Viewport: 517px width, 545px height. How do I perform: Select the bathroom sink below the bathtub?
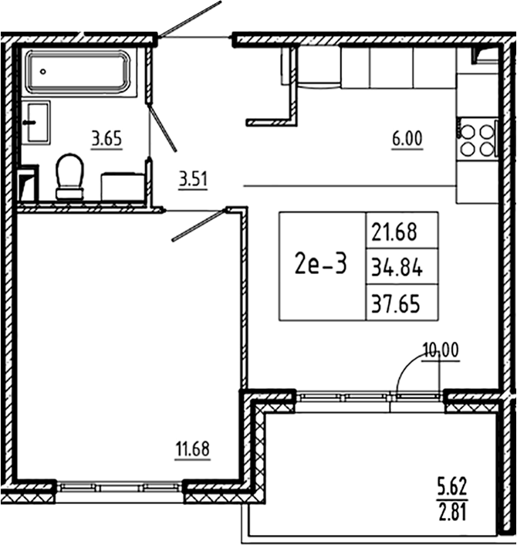(x=35, y=121)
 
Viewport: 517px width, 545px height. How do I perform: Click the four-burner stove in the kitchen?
(x=477, y=140)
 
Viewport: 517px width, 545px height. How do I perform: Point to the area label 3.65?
(x=107, y=140)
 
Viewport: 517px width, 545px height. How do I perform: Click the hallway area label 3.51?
(x=194, y=180)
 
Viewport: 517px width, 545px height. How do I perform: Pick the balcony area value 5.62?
(x=451, y=487)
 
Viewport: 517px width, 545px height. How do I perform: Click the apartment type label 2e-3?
(x=320, y=265)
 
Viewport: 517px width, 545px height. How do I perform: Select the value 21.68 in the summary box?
(x=400, y=230)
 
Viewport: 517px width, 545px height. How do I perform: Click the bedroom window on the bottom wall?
(x=120, y=487)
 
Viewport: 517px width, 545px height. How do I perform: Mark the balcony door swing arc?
(x=409, y=371)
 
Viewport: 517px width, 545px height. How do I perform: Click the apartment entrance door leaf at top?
(x=189, y=19)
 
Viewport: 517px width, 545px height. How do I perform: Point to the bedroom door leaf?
(x=199, y=224)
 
